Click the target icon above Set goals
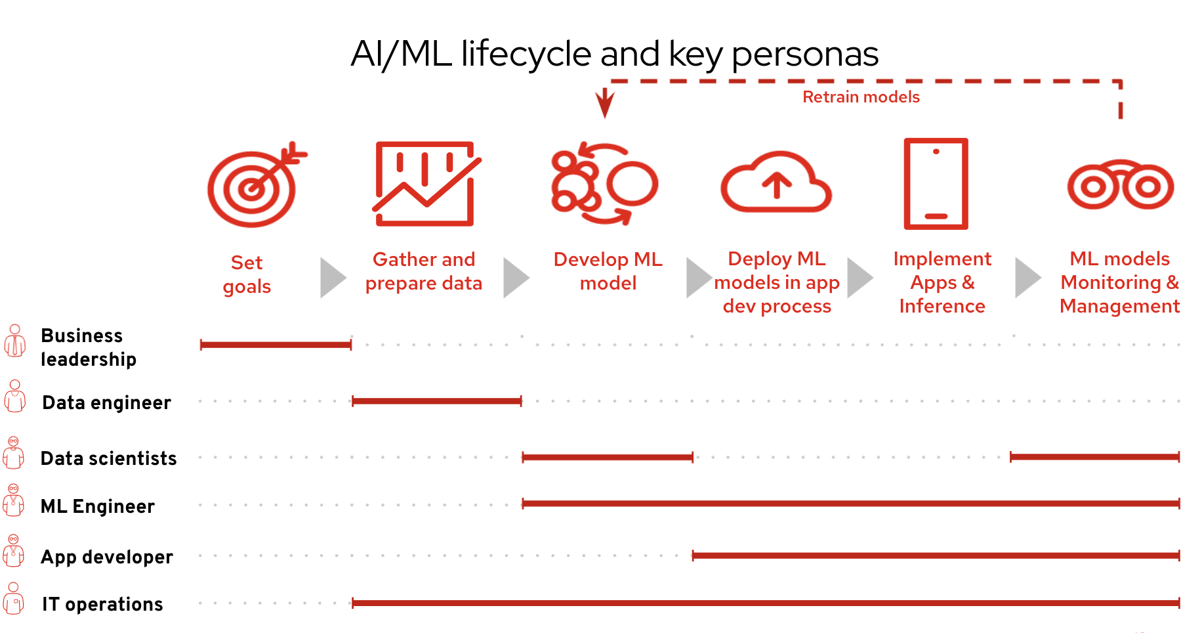click(x=253, y=188)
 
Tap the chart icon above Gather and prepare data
click(x=425, y=184)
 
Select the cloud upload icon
click(x=776, y=184)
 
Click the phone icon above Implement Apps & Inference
click(x=936, y=184)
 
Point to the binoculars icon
click(x=1120, y=186)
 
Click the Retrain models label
click(x=861, y=97)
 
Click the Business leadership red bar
click(x=276, y=345)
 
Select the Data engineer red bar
click(x=436, y=401)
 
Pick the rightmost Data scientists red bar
click(x=1094, y=457)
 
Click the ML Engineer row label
click(x=98, y=506)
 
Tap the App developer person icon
click(x=14, y=552)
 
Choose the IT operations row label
click(x=102, y=604)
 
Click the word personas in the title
click(x=804, y=55)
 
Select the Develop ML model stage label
click(x=608, y=271)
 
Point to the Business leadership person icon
click(x=14, y=341)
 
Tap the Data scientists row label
click(x=109, y=458)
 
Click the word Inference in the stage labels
click(x=942, y=307)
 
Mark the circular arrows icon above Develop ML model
click(x=604, y=184)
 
